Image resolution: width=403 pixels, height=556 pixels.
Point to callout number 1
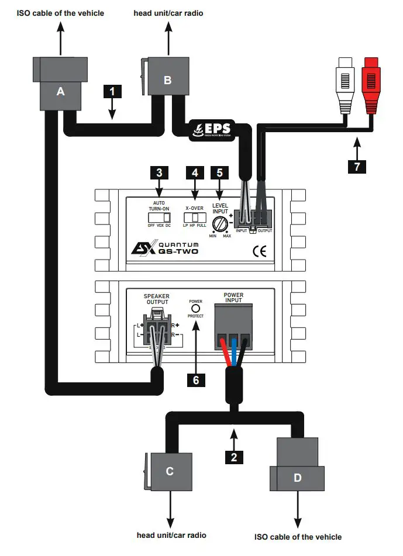point(112,91)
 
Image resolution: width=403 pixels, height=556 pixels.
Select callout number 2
point(234,457)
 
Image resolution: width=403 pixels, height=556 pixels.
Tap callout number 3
point(159,172)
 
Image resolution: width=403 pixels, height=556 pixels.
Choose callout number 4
point(195,172)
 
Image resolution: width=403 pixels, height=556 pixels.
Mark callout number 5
point(219,172)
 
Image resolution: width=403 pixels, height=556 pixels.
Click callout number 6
point(197,380)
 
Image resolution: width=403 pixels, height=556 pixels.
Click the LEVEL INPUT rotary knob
point(221,223)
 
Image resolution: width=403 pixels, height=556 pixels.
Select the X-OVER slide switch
point(195,218)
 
